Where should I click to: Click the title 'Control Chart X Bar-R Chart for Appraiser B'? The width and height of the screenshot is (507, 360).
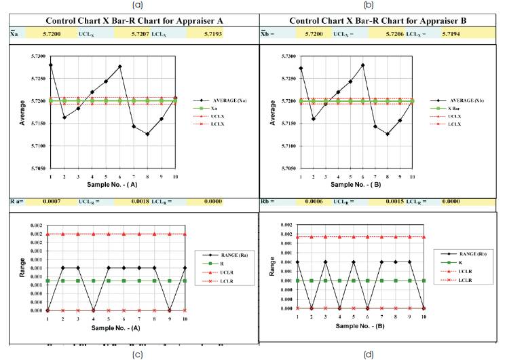tap(377, 20)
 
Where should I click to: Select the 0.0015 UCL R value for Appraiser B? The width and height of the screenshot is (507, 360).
tap(383, 202)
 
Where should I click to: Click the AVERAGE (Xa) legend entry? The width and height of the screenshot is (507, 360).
tap(221, 101)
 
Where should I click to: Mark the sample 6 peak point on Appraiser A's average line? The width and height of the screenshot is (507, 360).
tap(119, 67)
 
